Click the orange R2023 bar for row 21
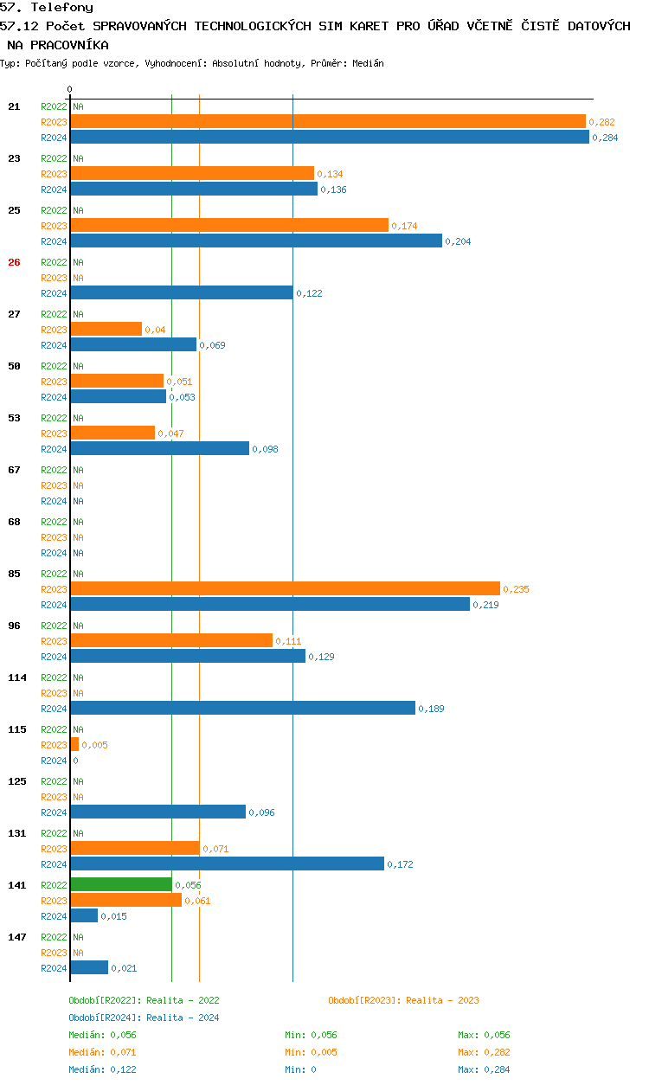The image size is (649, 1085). [328, 122]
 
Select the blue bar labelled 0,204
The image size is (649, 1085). [256, 241]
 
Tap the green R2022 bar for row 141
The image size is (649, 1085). [121, 885]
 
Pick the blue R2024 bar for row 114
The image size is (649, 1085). [242, 709]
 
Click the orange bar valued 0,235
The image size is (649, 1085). [285, 589]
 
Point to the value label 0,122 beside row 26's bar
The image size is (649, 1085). [309, 294]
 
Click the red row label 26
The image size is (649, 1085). [14, 262]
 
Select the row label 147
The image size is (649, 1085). [17, 937]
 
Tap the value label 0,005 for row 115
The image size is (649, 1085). [94, 746]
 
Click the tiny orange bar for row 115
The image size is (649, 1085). [74, 745]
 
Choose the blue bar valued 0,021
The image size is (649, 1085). [89, 968]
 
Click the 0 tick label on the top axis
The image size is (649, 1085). [70, 90]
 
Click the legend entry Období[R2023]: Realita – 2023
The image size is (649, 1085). [403, 1001]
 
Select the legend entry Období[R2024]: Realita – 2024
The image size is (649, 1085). [144, 1018]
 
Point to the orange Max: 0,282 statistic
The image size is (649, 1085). [484, 1053]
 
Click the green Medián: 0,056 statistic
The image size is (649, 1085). [102, 1036]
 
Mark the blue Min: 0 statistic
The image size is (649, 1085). [300, 1070]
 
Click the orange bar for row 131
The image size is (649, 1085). [135, 849]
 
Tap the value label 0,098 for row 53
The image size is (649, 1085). [265, 450]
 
